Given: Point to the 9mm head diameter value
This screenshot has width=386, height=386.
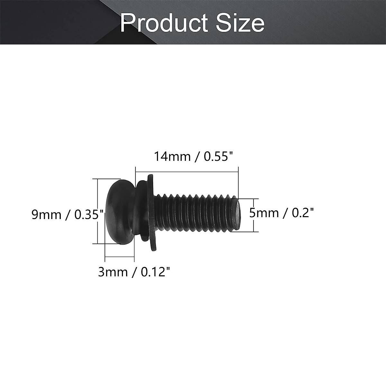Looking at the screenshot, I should pyautogui.click(x=46, y=215).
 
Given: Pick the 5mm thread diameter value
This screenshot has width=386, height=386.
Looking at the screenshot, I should pyautogui.click(x=262, y=213).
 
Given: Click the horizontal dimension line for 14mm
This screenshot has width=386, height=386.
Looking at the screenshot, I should pyautogui.click(x=187, y=172).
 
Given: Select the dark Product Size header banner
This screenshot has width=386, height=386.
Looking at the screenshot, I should pyautogui.click(x=48, y=23).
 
